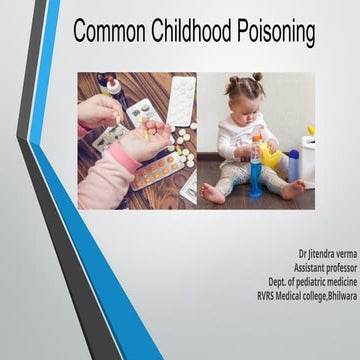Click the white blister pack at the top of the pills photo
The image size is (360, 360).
pyautogui.click(x=182, y=101)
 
